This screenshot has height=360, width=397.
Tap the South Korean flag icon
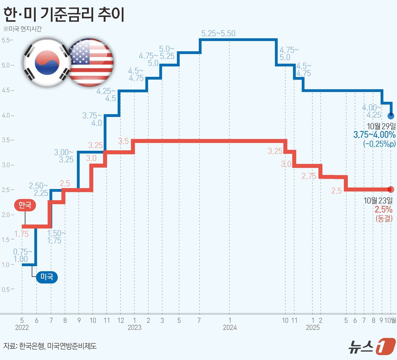(x=47, y=62)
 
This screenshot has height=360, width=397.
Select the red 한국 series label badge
(x=25, y=205)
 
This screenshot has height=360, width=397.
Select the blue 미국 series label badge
(x=47, y=277)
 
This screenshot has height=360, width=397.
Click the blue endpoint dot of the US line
(x=391, y=116)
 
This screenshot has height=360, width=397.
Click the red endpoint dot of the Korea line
(x=391, y=189)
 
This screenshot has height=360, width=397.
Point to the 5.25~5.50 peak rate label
(x=218, y=33)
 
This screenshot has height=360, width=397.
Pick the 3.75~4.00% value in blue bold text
(x=374, y=135)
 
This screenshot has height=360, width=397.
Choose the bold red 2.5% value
(x=383, y=209)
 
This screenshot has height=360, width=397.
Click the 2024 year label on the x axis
(x=230, y=328)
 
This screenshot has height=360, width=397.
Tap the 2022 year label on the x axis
(x=22, y=328)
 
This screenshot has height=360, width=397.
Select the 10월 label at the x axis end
(x=390, y=320)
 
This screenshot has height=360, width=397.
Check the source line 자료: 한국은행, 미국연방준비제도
(x=50, y=346)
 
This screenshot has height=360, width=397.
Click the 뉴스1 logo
(x=371, y=346)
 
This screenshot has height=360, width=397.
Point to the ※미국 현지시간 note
(x=23, y=29)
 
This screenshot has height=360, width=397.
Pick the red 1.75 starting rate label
(x=22, y=234)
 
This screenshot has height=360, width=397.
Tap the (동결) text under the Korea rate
(x=384, y=219)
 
